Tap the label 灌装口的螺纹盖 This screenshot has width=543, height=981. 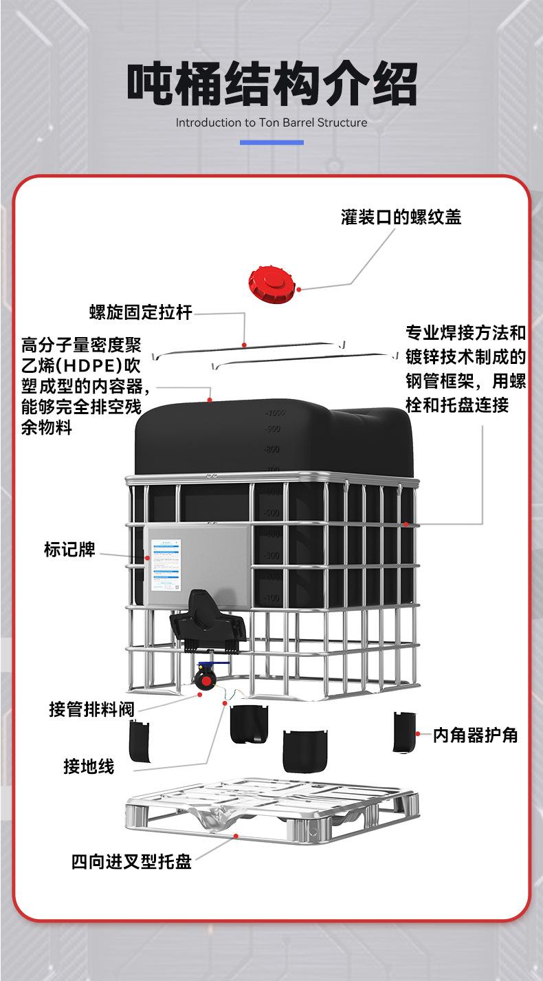coord(401,217)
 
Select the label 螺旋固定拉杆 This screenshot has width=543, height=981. coord(140,312)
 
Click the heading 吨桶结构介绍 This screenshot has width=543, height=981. coord(271,85)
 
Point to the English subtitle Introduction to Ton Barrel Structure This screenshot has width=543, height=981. coord(271,123)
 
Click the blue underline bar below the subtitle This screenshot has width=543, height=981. coord(271,142)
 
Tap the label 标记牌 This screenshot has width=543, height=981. coord(69,550)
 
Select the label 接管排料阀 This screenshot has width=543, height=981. coord(91,709)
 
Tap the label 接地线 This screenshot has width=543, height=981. coord(89,766)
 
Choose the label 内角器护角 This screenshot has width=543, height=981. coord(475,735)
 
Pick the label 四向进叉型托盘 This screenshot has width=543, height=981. coord(131,861)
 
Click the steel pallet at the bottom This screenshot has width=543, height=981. coord(271,812)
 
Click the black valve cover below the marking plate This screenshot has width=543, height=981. coord(208,623)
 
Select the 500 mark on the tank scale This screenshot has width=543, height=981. coord(272,513)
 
